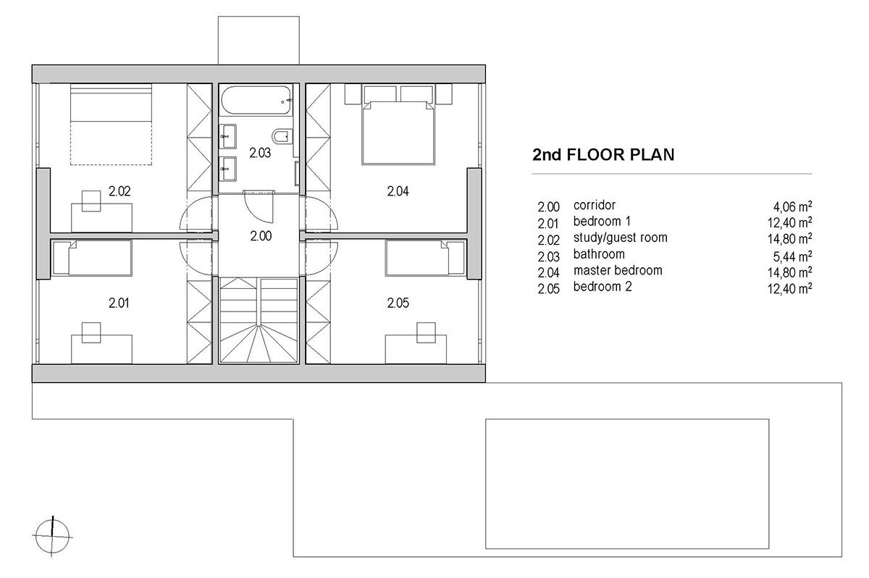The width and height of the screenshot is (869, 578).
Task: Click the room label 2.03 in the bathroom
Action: (260, 153)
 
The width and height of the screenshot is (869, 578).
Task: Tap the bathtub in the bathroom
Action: (256, 100)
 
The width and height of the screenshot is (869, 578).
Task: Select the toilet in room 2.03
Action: (282, 137)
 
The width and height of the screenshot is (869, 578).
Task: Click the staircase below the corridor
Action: (259, 320)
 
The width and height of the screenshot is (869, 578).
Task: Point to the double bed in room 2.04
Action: (398, 133)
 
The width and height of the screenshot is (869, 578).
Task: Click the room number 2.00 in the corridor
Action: (261, 236)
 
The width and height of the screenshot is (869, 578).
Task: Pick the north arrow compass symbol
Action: (52, 537)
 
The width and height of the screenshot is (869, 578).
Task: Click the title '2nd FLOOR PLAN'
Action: (603, 154)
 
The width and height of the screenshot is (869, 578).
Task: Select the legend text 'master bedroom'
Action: (618, 270)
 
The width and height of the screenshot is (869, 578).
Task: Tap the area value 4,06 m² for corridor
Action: (792, 206)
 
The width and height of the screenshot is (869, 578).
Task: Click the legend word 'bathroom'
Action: (599, 254)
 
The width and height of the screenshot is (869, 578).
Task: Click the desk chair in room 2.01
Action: (91, 332)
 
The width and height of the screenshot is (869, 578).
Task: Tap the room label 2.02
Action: (119, 191)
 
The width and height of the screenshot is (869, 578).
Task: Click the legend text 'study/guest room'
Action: (621, 238)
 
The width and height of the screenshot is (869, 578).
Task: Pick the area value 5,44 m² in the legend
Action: (792, 256)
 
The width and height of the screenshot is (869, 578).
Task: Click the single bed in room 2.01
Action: (92, 258)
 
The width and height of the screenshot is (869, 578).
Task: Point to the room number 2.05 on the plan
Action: (398, 303)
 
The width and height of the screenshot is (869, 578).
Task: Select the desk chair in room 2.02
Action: (91, 201)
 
